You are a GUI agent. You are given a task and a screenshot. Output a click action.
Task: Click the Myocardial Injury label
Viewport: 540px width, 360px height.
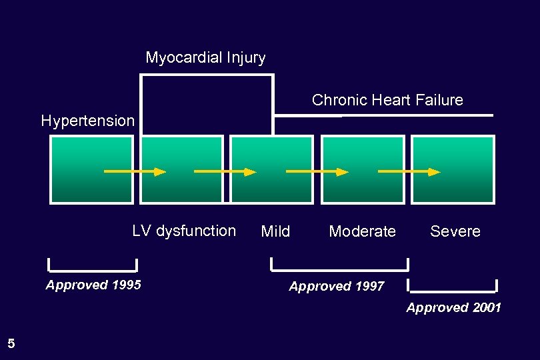tap(205, 58)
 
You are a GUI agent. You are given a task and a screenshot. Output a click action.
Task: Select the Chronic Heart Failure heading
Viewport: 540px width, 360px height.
tap(387, 100)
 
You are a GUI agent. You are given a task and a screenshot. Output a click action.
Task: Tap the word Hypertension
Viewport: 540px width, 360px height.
tap(87, 121)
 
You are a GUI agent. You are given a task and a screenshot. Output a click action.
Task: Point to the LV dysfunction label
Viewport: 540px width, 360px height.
tap(184, 231)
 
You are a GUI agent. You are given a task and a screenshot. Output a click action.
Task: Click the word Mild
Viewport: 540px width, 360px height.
tap(275, 231)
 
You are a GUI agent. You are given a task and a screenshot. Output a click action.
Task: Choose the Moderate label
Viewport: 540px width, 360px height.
tap(362, 231)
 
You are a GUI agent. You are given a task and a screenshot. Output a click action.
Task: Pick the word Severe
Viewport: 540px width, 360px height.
tap(455, 231)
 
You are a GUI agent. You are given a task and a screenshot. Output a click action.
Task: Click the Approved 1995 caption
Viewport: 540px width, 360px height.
tap(93, 285)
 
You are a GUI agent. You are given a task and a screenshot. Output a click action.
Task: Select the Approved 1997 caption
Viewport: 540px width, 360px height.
tap(337, 287)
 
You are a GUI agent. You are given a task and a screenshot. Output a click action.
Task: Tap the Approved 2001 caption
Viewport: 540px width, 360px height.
tap(453, 307)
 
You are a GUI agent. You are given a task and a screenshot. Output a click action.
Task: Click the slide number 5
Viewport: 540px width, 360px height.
tap(11, 344)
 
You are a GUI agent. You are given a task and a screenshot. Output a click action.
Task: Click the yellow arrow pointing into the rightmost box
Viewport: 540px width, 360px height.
tap(409, 172)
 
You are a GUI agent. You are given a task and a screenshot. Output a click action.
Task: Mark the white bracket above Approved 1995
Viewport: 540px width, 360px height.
tap(93, 270)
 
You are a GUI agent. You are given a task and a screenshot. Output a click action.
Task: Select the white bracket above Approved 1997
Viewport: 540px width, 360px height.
tap(339, 269)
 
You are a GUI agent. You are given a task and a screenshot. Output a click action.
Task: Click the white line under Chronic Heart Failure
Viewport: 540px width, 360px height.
tap(383, 116)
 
